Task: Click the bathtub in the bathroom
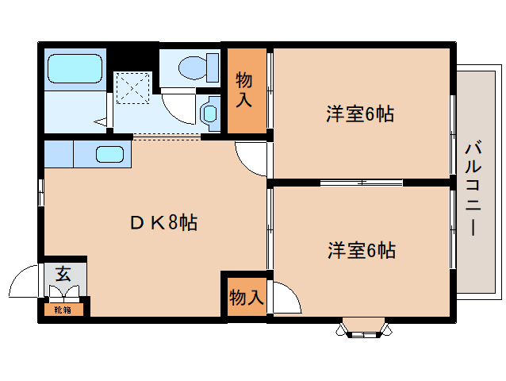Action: click(75, 69)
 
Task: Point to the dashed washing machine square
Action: click(132, 87)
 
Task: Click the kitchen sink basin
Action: click(110, 155)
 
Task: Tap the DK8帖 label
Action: click(163, 222)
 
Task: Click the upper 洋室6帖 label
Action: click(360, 114)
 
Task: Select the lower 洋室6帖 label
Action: click(362, 251)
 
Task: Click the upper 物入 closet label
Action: click(244, 90)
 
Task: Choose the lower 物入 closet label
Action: click(246, 298)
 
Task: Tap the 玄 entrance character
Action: click(63, 275)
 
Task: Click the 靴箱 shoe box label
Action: click(63, 309)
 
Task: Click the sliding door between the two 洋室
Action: click(361, 183)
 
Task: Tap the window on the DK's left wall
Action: click(40, 193)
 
